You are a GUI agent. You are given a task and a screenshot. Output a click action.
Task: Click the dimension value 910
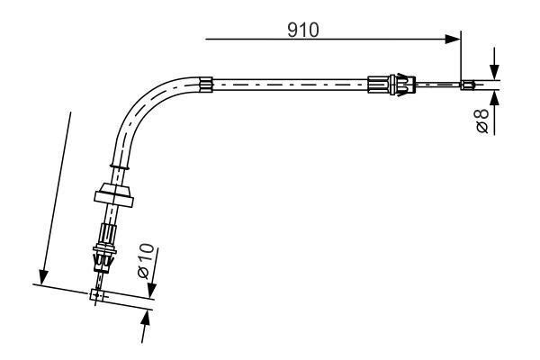(x=303, y=30)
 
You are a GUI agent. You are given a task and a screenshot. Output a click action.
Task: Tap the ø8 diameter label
(x=482, y=121)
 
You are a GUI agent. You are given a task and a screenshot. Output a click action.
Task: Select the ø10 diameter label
(x=146, y=261)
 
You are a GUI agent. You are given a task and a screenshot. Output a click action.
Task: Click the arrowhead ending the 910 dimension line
(x=452, y=40)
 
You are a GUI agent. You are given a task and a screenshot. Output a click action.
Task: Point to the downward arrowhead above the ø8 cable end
(x=494, y=72)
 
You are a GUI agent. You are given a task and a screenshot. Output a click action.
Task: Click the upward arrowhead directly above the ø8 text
(x=494, y=98)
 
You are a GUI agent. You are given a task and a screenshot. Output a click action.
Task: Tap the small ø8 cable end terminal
(x=468, y=85)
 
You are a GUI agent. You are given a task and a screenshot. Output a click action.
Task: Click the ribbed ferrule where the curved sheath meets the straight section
(x=206, y=85)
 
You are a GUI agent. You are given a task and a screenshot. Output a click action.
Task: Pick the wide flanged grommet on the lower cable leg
(x=114, y=195)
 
